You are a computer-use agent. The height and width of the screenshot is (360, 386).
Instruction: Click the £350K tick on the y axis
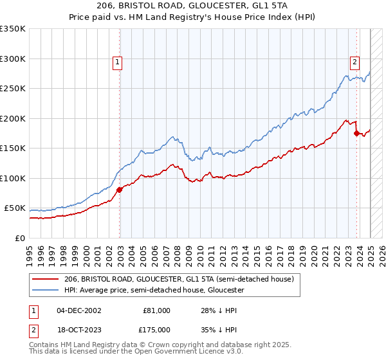(x=13, y=29)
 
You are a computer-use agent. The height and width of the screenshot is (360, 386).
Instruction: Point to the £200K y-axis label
(x=13, y=118)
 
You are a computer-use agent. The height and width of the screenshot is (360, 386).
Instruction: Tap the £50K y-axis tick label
(x=15, y=208)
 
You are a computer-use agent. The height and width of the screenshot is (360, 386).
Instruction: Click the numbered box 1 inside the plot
(x=118, y=62)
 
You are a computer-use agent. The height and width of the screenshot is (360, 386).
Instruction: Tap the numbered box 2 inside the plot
(x=354, y=62)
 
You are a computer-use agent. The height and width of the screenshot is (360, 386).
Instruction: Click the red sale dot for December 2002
(x=120, y=190)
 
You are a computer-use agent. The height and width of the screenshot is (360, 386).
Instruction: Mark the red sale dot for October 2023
(x=356, y=133)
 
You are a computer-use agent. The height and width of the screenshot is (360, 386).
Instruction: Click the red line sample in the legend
(x=46, y=279)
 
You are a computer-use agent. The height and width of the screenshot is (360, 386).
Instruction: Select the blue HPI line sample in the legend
(x=46, y=290)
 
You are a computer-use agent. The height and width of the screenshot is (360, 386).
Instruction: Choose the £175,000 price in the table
(x=156, y=330)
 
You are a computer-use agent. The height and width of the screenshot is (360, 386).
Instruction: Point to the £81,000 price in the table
(x=156, y=310)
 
